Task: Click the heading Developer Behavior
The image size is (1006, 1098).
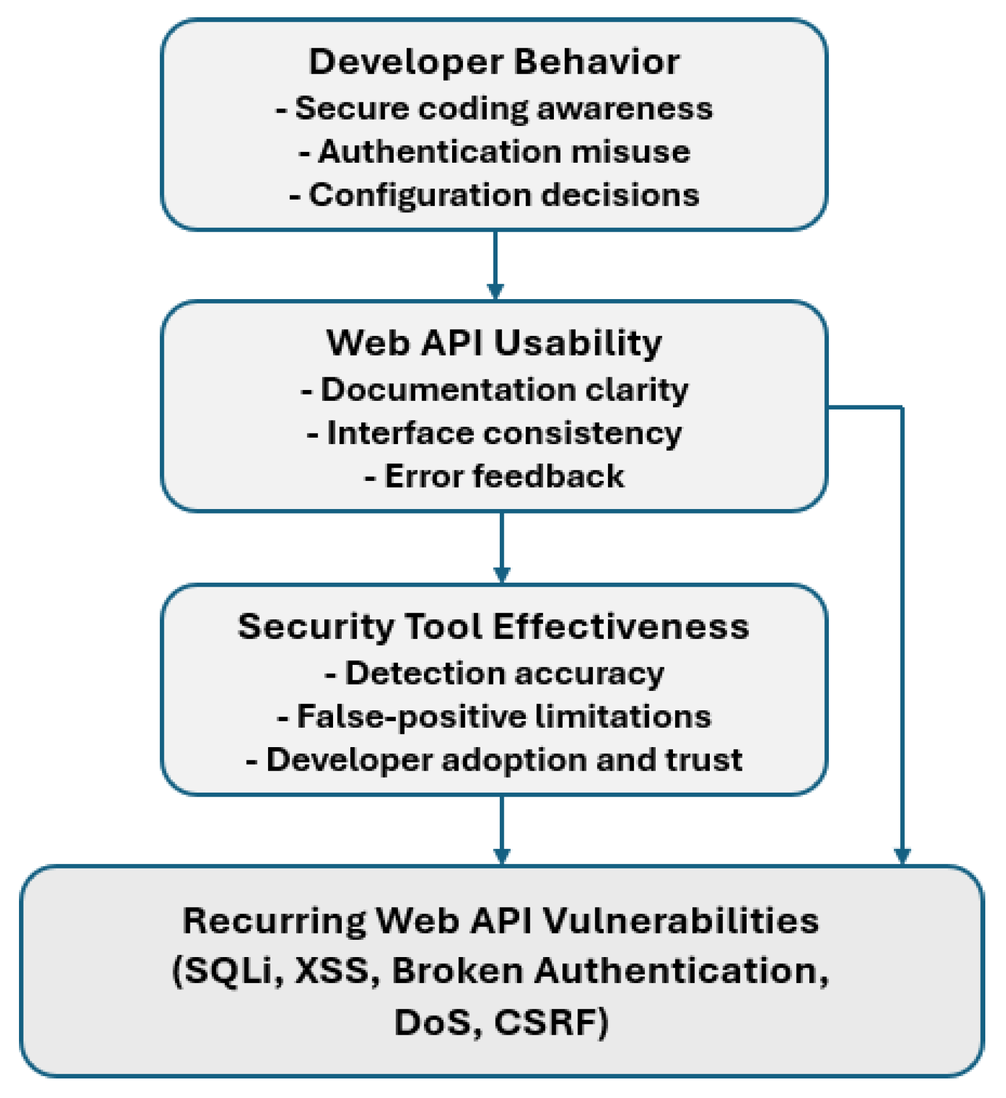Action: pyautogui.click(x=494, y=62)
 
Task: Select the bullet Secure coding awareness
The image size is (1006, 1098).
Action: pyautogui.click(x=494, y=108)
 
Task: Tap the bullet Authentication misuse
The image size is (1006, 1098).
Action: pyautogui.click(x=495, y=151)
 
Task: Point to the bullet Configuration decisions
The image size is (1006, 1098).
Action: pyautogui.click(x=494, y=195)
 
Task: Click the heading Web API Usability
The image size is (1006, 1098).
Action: pyautogui.click(x=494, y=343)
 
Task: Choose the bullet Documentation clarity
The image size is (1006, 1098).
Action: pyautogui.click(x=494, y=390)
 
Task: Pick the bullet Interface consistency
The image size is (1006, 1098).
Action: pyautogui.click(x=494, y=433)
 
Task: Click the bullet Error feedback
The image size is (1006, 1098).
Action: pyautogui.click(x=494, y=476)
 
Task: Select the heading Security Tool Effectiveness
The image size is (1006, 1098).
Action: pyautogui.click(x=494, y=626)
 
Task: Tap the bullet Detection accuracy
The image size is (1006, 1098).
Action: pyautogui.click(x=494, y=674)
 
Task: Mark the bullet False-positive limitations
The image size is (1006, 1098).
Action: pyautogui.click(x=494, y=717)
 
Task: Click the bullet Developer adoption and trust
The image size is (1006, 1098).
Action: pyautogui.click(x=494, y=760)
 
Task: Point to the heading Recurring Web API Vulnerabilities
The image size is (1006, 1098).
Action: pyautogui.click(x=500, y=921)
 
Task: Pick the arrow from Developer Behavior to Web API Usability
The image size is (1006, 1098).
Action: pyautogui.click(x=495, y=265)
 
